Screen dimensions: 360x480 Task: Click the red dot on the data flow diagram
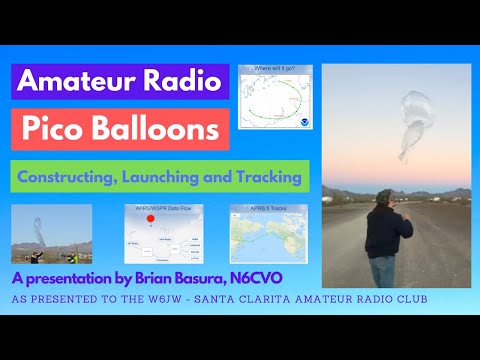[151, 217]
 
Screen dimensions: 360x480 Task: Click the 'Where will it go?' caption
[276, 69]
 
